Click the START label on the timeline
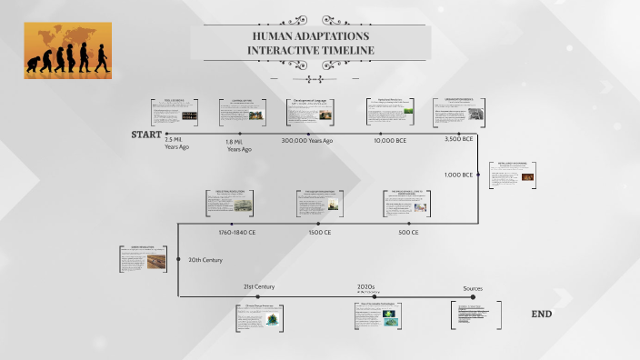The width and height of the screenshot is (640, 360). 145,135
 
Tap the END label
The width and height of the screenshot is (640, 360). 541,315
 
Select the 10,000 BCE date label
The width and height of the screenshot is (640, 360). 390,141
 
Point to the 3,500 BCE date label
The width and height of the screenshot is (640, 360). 458,140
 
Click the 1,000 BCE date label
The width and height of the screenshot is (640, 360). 458,175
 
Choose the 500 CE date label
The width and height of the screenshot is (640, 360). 407,233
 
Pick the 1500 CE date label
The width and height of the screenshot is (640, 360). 319,233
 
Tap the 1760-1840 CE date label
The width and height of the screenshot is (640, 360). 236,233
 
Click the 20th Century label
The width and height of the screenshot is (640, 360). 205,260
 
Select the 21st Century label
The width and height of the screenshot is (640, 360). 258,287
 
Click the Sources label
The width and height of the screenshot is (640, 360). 473,288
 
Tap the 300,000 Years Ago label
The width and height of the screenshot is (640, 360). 307,141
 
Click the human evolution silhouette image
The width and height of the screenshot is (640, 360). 67,50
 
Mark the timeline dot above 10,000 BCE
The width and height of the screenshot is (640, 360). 390,133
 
